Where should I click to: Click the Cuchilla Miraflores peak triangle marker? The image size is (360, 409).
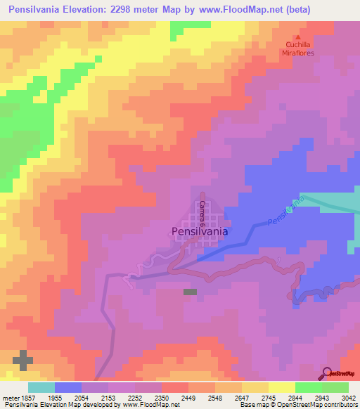[x=297, y=38]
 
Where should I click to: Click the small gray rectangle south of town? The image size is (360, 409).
[x=190, y=292]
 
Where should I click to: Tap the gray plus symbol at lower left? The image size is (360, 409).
[x=22, y=360]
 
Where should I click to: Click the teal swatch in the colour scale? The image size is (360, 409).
[x=41, y=387]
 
